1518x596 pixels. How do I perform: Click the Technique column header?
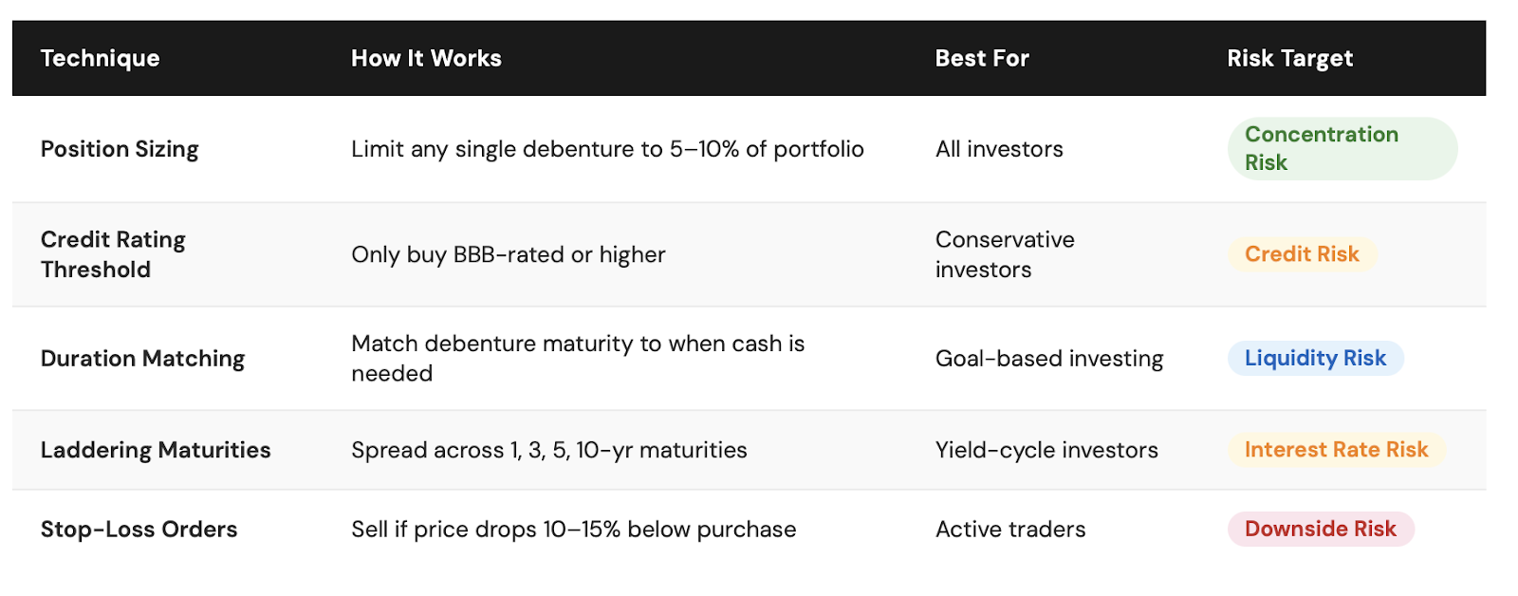[101, 59]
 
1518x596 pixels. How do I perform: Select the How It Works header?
[426, 58]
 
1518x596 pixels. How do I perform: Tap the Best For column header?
[982, 58]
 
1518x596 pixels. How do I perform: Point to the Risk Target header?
[1289, 59]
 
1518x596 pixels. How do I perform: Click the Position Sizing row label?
[120, 149]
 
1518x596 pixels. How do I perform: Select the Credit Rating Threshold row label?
[113, 254]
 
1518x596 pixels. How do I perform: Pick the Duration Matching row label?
[142, 359]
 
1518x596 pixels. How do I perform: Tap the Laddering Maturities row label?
[156, 450]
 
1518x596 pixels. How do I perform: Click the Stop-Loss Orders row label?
[139, 529]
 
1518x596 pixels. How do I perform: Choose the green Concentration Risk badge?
[1342, 148]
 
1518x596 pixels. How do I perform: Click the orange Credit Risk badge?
[1302, 254]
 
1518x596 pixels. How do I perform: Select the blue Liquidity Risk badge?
[1315, 358]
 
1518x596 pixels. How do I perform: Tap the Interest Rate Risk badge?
[1337, 450]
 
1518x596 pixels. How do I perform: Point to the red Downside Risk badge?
[1321, 529]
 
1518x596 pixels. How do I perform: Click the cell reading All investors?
[999, 149]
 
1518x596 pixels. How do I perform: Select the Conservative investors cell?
[1005, 254]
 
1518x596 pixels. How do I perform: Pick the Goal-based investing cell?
[1049, 359]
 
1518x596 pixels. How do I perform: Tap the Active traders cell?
[1010, 529]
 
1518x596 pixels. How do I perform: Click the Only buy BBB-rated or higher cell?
[509, 255]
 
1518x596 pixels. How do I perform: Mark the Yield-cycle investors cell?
[1046, 450]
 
